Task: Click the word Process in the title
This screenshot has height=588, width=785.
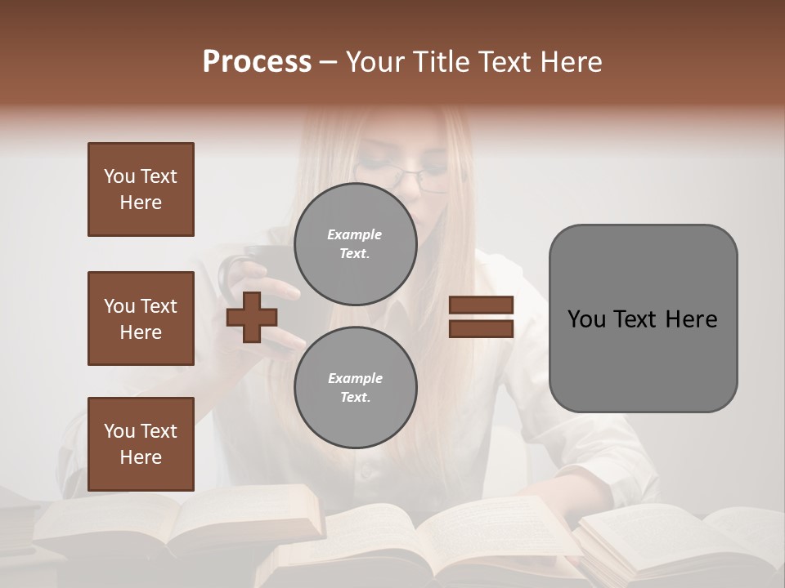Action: click(257, 62)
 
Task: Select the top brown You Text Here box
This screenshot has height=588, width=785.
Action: click(141, 189)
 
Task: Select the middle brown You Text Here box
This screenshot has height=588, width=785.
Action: click(141, 318)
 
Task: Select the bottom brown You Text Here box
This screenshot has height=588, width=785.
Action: click(141, 444)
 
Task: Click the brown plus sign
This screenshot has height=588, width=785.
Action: click(252, 317)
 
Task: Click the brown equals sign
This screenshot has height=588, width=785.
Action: click(481, 317)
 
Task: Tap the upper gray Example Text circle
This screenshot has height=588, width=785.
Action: click(355, 244)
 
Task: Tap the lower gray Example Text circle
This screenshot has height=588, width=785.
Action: click(355, 388)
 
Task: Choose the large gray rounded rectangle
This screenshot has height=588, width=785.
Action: click(643, 318)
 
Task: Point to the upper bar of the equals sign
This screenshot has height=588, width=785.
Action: click(481, 305)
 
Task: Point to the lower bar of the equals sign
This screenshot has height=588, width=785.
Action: click(481, 328)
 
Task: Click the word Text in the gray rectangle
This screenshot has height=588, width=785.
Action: click(639, 319)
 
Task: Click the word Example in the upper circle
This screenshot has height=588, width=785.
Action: click(355, 234)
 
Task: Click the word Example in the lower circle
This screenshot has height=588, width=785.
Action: click(355, 378)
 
